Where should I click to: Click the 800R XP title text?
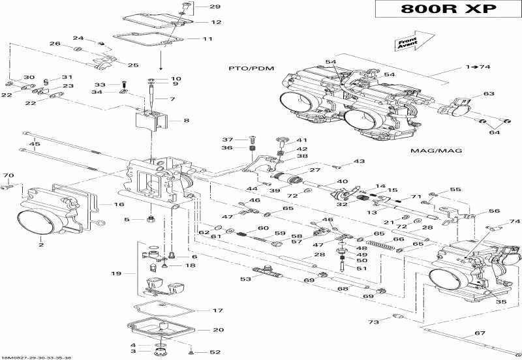[448, 10]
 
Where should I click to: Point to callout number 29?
[215, 7]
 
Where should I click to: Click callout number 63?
[489, 94]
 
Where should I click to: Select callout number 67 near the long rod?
[480, 333]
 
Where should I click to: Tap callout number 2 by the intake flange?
[40, 245]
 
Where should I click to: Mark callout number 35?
[500, 302]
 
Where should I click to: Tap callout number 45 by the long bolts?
[35, 144]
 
